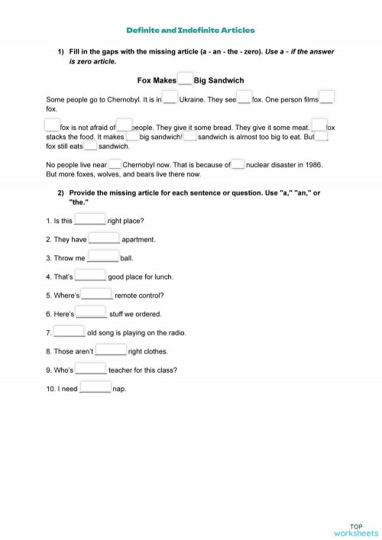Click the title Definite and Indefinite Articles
pos(190,30)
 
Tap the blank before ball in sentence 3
pos(103,257)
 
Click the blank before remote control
pos(97,295)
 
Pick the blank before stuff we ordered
pos(92,313)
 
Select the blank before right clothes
pos(111,351)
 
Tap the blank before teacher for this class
pos(91,370)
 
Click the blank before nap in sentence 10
pos(95,388)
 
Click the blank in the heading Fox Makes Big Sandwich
pos(185,79)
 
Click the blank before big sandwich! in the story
pos(132,136)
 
